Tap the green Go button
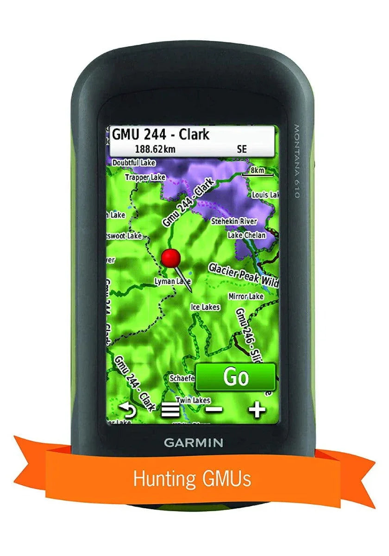[x=235, y=377]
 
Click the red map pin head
[x=171, y=257]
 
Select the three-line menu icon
[x=170, y=410]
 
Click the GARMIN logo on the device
[x=193, y=442]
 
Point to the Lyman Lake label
[x=170, y=281]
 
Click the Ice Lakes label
[x=205, y=307]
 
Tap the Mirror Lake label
[x=246, y=296]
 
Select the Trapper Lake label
[x=145, y=177]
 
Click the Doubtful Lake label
[x=134, y=163]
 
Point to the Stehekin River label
[x=234, y=221]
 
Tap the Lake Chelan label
[x=246, y=235]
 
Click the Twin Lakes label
[x=193, y=400]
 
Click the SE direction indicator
[x=242, y=149]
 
